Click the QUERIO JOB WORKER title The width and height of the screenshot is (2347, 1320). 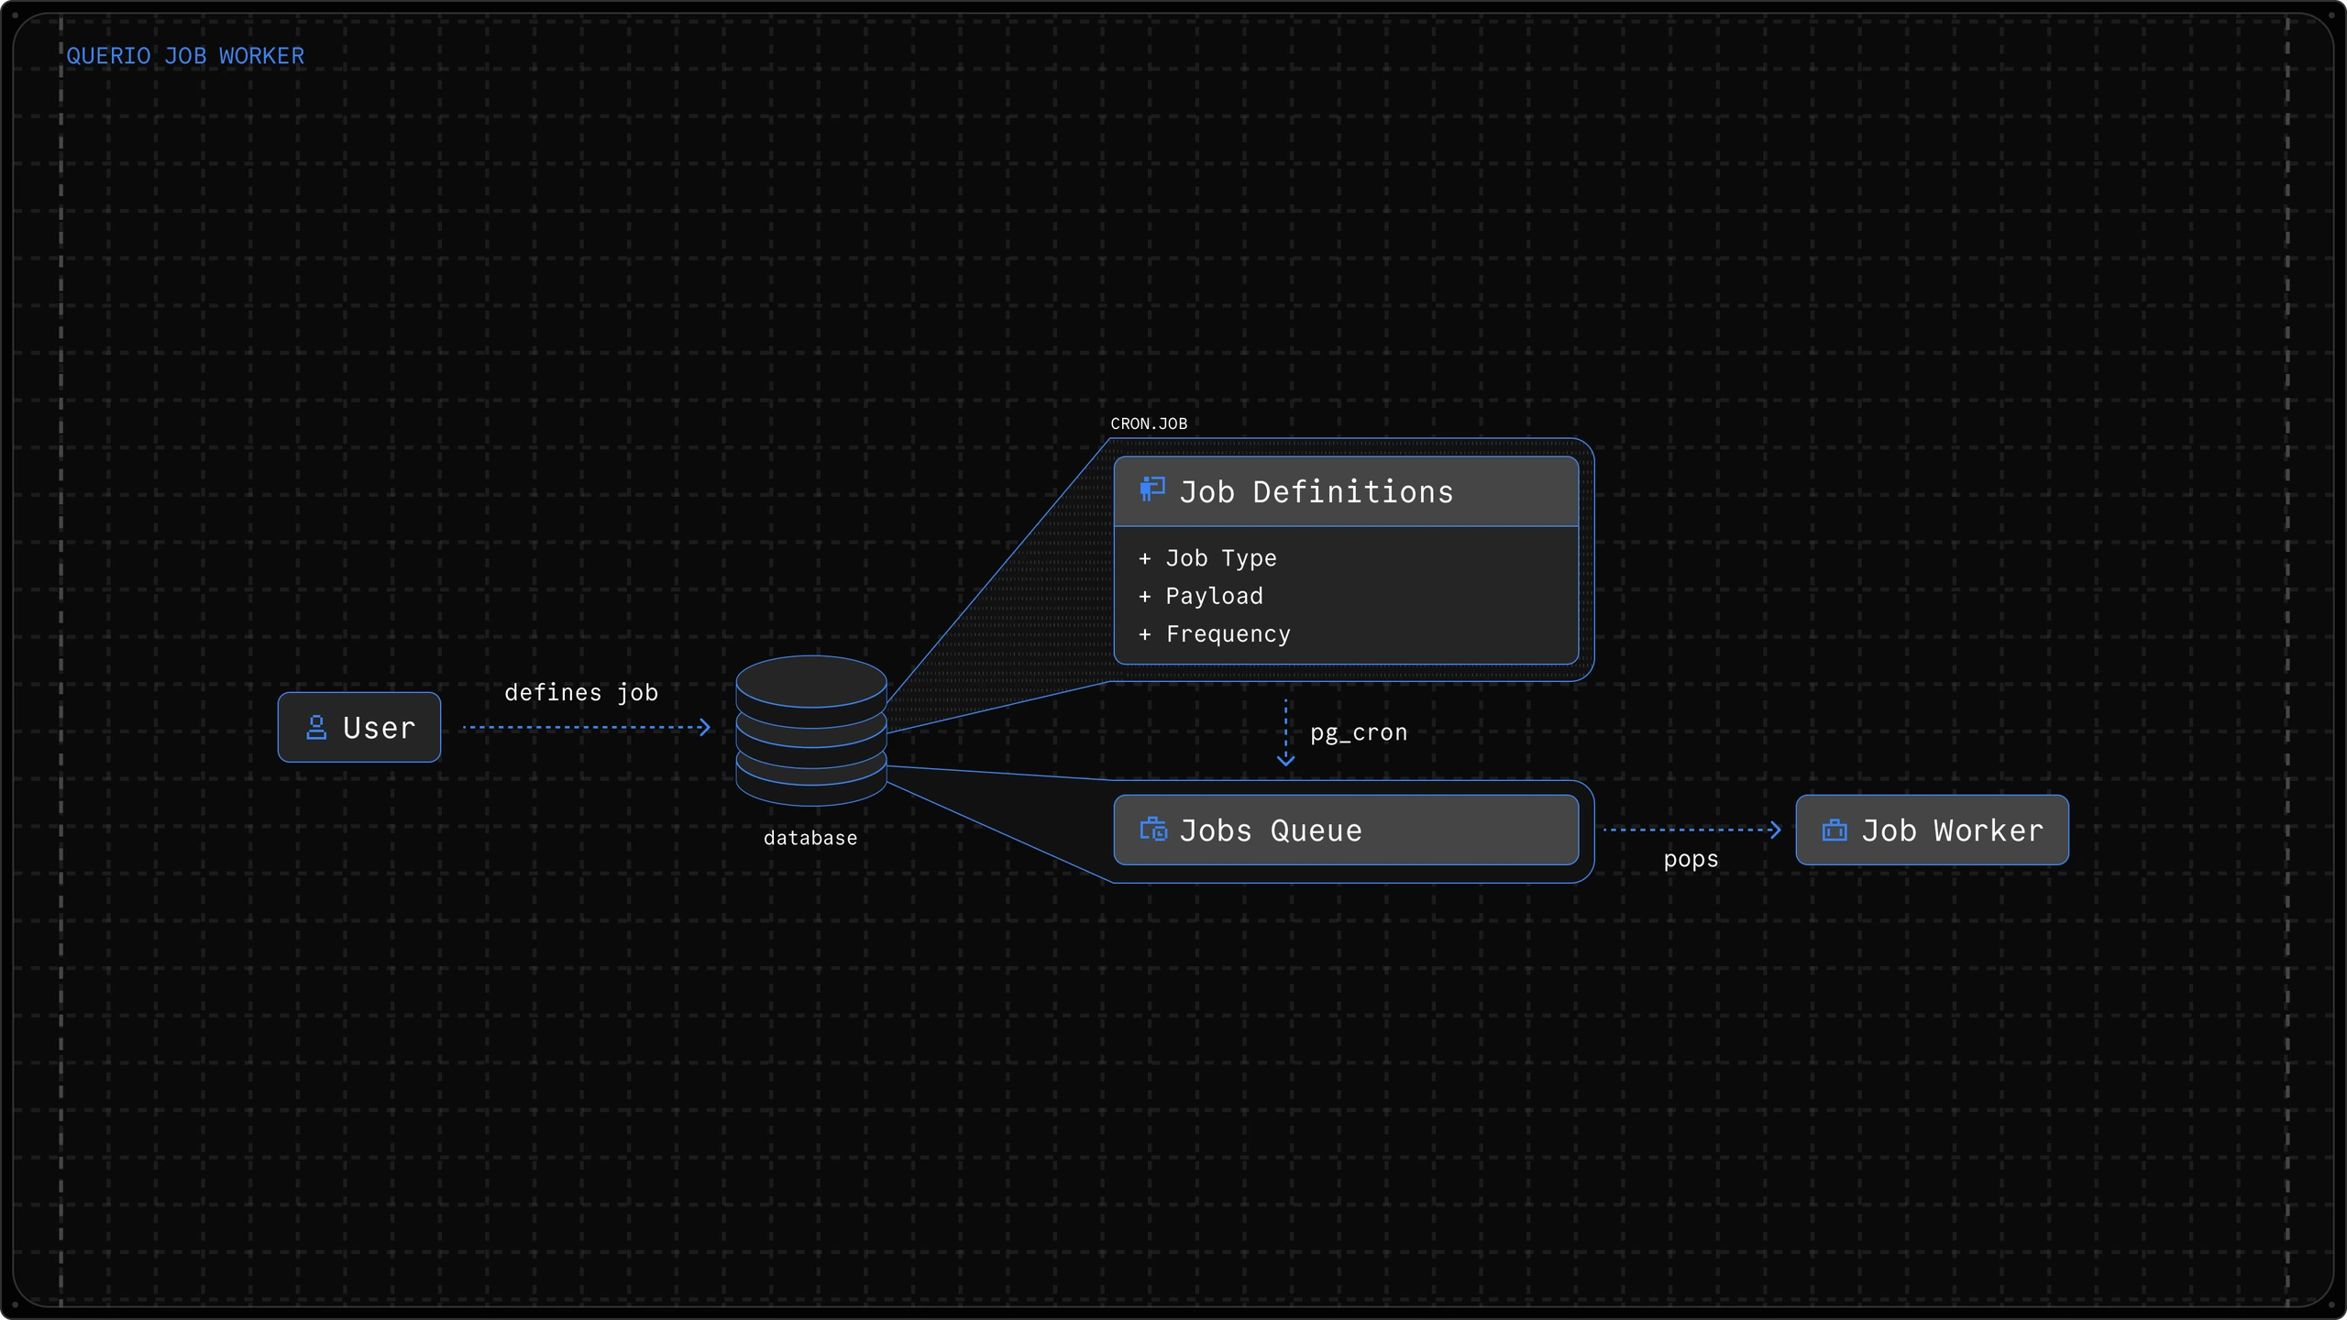click(185, 56)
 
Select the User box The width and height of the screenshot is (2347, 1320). click(359, 727)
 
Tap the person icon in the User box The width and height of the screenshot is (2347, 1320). click(316, 728)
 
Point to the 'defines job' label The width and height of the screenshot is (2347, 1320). click(581, 693)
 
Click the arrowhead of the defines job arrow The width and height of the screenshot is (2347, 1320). click(705, 727)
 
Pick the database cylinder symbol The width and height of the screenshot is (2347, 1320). click(811, 731)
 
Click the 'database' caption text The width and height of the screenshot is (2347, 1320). click(810, 838)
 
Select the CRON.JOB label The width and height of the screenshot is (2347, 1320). click(1149, 423)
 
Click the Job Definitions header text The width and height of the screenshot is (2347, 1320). click(1317, 492)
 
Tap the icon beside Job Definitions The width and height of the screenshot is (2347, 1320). click(1152, 489)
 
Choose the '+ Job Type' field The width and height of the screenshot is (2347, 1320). click(1207, 558)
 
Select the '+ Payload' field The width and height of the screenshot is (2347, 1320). click(1201, 597)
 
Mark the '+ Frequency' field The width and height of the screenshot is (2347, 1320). click(1215, 634)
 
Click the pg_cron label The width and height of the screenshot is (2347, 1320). click(1359, 733)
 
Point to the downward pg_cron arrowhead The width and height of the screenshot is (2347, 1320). click(1286, 760)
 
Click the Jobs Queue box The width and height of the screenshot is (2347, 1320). click(1346, 830)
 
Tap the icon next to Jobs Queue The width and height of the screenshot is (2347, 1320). click(1153, 830)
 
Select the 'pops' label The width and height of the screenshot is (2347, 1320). click(1691, 860)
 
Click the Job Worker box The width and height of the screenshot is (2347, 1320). click(1932, 830)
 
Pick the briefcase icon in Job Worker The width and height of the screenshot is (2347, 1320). click(1835, 830)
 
